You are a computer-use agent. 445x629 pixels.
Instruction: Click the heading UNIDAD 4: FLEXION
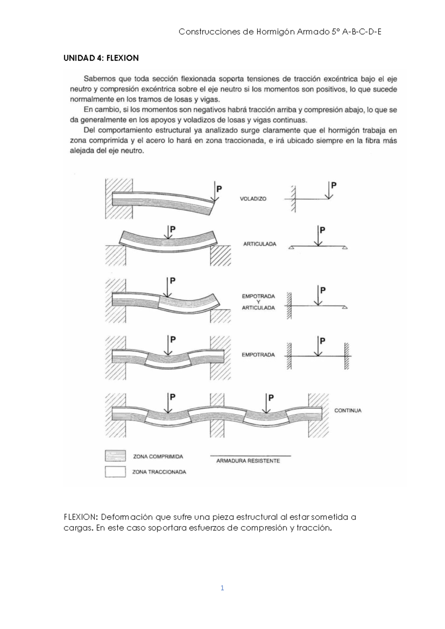(x=101, y=58)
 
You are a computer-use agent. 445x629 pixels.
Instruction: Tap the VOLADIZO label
(x=253, y=199)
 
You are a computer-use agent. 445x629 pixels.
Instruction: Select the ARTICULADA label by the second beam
(x=260, y=244)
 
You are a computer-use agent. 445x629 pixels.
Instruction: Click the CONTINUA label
(x=347, y=411)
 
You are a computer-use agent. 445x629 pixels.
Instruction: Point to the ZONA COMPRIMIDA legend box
(x=116, y=456)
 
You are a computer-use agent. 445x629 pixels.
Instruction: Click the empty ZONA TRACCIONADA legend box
(x=116, y=472)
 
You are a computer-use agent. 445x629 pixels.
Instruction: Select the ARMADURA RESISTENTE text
(x=248, y=461)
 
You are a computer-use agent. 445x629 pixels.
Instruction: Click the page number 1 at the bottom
(x=222, y=588)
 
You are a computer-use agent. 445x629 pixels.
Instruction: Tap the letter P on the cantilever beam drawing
(x=219, y=189)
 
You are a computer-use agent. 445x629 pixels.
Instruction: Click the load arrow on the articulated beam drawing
(x=169, y=233)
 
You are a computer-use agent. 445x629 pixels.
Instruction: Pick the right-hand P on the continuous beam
(x=271, y=398)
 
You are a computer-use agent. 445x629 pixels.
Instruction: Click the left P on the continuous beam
(x=172, y=397)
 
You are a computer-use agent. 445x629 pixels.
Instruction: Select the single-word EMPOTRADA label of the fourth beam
(x=258, y=355)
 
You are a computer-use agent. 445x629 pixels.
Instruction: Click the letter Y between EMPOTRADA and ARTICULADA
(x=258, y=302)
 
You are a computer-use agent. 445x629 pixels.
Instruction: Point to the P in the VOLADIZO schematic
(x=334, y=185)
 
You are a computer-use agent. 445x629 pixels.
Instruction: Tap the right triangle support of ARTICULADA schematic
(x=345, y=247)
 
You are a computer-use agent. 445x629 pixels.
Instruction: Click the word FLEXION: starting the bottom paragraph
(x=80, y=517)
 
